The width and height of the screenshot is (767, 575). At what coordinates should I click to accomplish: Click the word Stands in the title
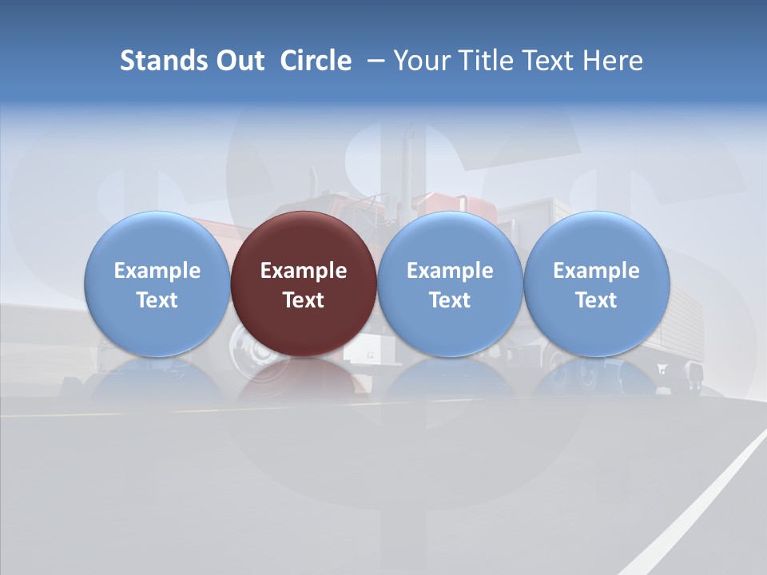coord(161,61)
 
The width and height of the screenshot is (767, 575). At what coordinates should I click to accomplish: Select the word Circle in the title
coord(316,61)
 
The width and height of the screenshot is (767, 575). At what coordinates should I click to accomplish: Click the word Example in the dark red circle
coord(304,271)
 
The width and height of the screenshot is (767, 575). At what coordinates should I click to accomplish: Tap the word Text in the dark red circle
coord(304,300)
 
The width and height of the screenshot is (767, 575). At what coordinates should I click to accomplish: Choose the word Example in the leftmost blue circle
coord(157,271)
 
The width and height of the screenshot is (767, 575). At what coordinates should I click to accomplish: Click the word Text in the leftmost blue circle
coord(157,300)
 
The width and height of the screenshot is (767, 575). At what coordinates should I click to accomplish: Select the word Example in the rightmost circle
coord(597,271)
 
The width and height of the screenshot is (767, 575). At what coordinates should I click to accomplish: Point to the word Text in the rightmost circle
coord(597,300)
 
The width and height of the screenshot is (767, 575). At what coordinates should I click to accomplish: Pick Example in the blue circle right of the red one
coord(450,271)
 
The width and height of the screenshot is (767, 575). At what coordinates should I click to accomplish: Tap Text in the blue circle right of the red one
coord(450,300)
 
